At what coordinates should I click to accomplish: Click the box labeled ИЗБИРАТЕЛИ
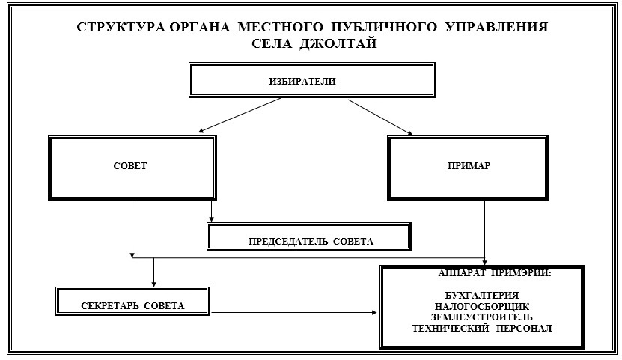(x=311, y=81)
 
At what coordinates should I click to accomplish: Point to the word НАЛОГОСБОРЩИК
(x=482, y=305)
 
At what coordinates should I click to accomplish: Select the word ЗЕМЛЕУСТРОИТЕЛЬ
(x=482, y=317)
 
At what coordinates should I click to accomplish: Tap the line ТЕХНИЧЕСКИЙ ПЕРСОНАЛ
(x=482, y=328)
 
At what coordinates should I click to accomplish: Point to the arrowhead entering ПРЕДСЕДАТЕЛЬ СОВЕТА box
(x=212, y=218)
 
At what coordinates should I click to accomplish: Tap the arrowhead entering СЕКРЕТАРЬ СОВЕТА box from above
(x=153, y=283)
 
